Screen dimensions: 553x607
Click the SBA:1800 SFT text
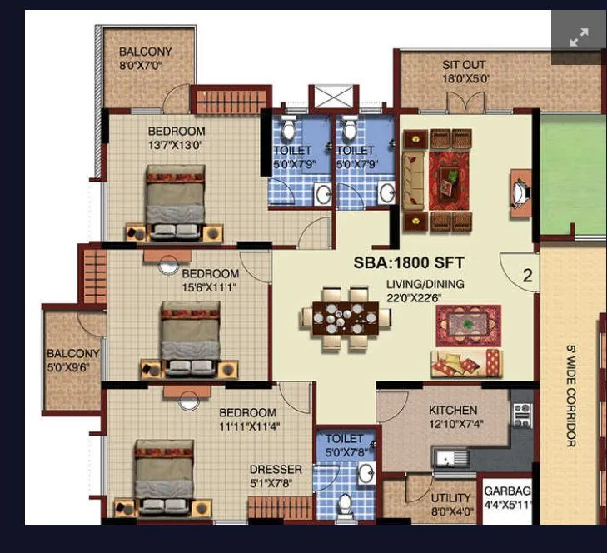tap(409, 262)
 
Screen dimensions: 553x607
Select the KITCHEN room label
tap(453, 410)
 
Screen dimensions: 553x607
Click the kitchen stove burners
tap(522, 414)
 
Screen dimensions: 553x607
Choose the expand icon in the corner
tap(579, 37)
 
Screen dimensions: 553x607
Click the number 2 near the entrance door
tap(527, 276)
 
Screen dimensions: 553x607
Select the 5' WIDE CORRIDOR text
tap(571, 396)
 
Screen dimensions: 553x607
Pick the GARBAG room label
tap(507, 491)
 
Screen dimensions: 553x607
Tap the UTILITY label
tap(450, 497)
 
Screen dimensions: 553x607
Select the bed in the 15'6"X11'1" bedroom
tap(190, 337)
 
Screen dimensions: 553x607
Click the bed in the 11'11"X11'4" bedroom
tap(164, 475)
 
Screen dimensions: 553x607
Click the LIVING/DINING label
tap(425, 284)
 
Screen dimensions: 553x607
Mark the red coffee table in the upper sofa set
tap(449, 177)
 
